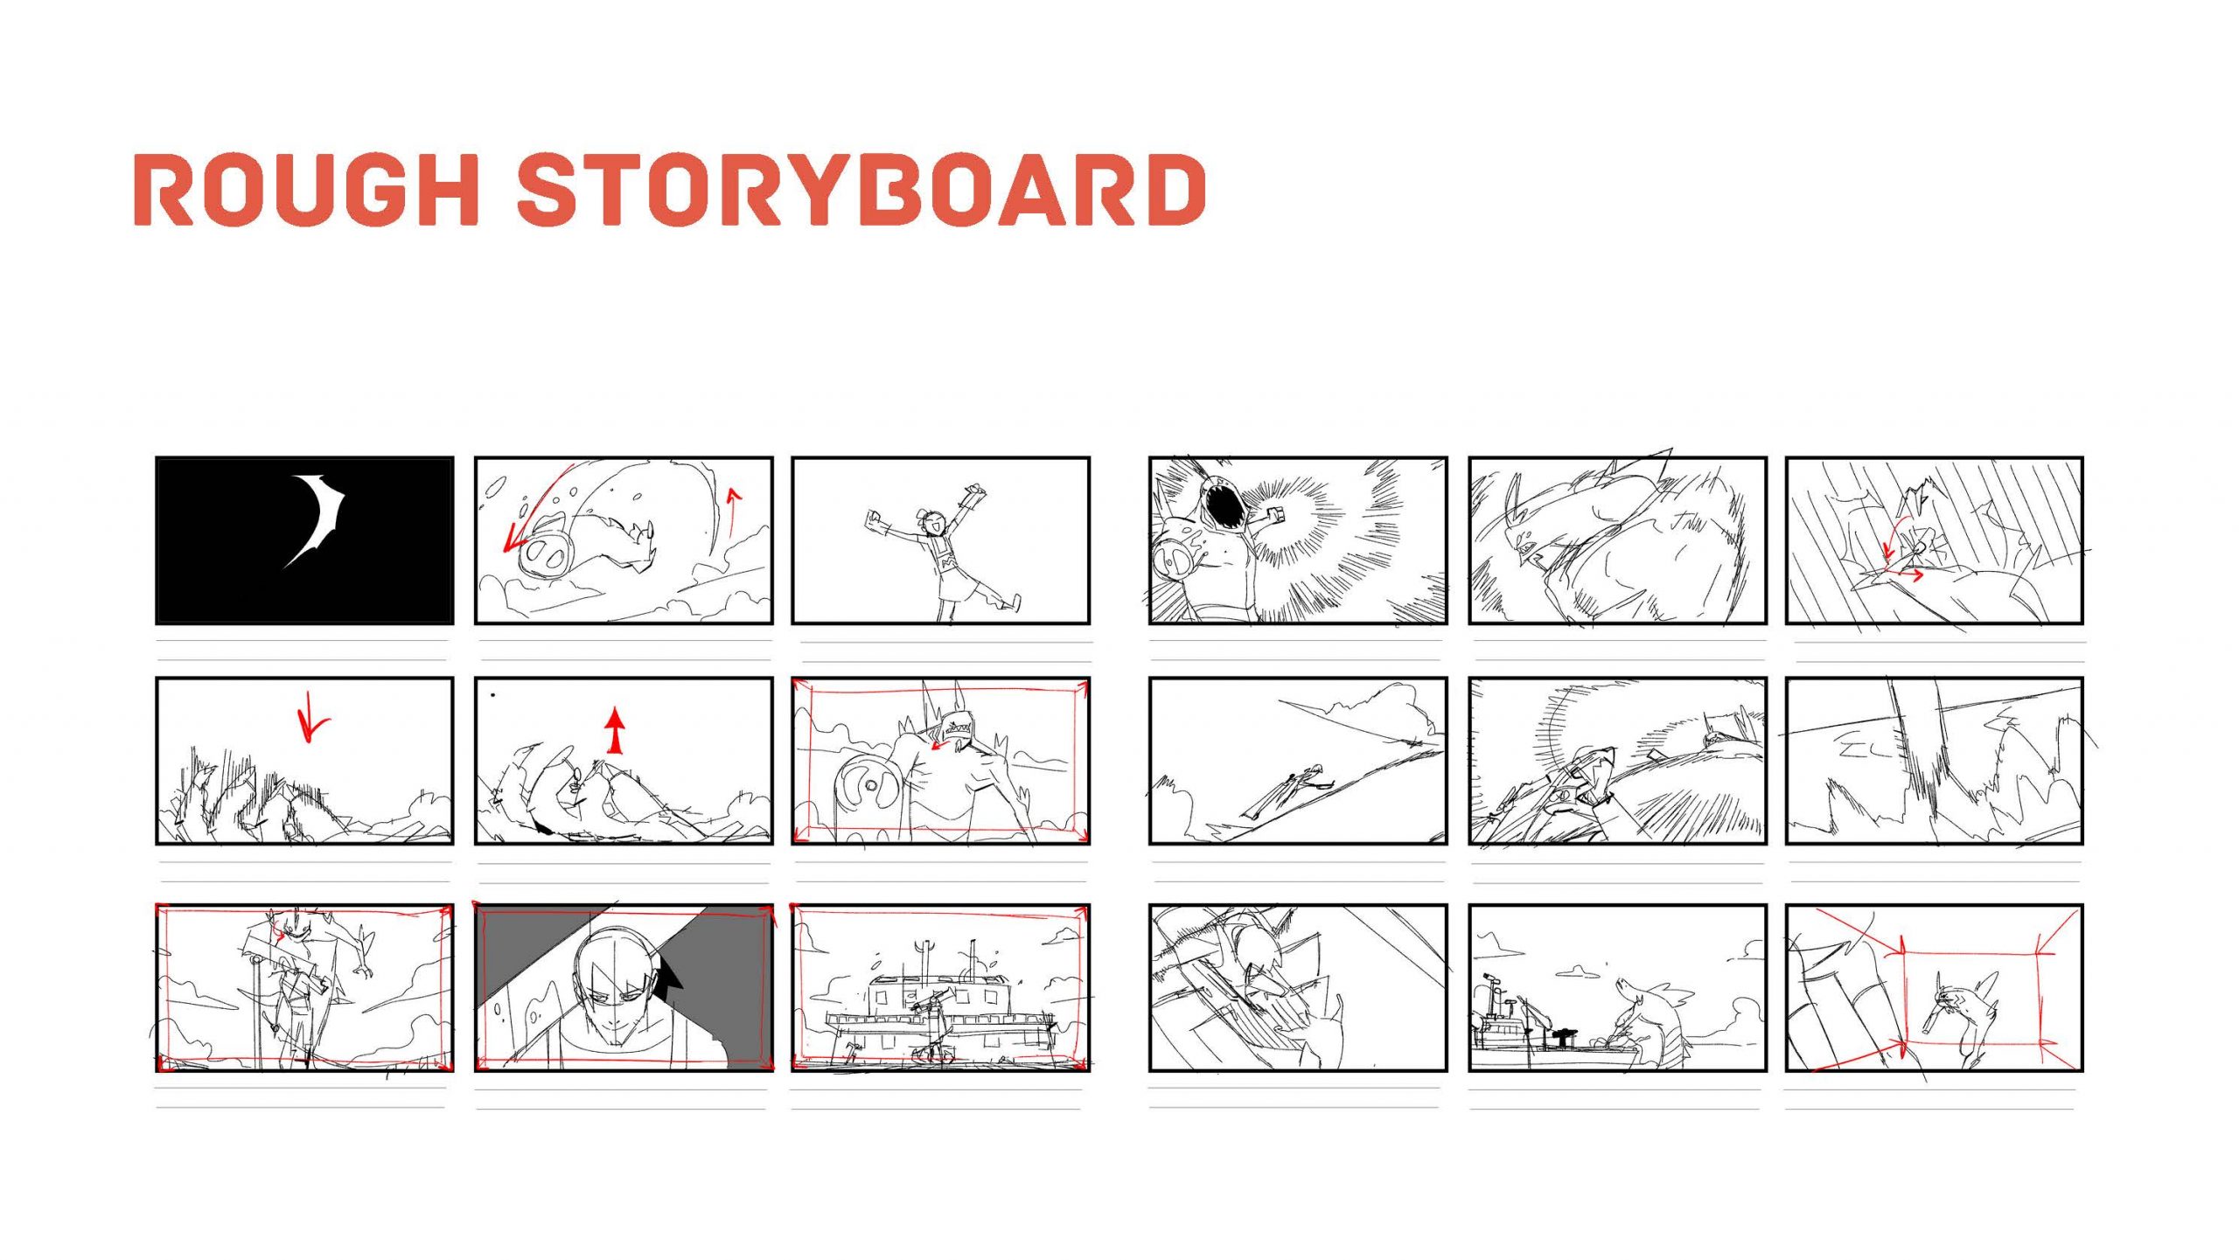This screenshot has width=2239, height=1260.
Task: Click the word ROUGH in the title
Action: pyautogui.click(x=306, y=189)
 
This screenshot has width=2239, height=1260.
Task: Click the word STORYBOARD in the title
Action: pyautogui.click(x=862, y=189)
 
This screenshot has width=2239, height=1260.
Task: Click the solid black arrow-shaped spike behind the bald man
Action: pyautogui.click(x=669, y=969)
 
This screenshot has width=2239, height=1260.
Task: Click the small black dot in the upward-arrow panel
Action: pyautogui.click(x=493, y=696)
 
